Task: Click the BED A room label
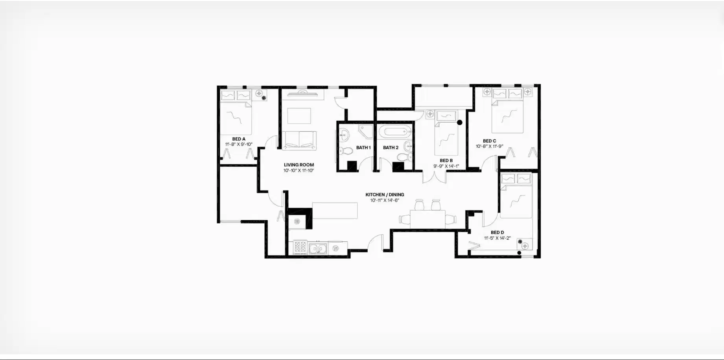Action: [x=239, y=139]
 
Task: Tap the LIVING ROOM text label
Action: [x=299, y=165]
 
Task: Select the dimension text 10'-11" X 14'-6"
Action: [x=384, y=200]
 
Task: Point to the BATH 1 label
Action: [x=363, y=148]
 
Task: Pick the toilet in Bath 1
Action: [x=346, y=151]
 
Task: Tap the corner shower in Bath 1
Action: [x=366, y=132]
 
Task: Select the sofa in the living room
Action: [x=299, y=140]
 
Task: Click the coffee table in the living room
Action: [x=299, y=116]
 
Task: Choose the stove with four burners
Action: [x=300, y=247]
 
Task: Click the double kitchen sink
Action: [x=318, y=248]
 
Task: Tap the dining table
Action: [x=427, y=219]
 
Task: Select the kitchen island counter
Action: [x=335, y=211]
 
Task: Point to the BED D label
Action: [x=497, y=233]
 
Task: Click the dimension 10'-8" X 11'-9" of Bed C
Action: [x=489, y=147]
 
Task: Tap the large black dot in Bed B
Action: [x=459, y=123]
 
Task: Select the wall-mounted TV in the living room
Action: [x=302, y=94]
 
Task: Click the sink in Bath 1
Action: [x=344, y=135]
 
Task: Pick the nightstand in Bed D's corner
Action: [x=525, y=246]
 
